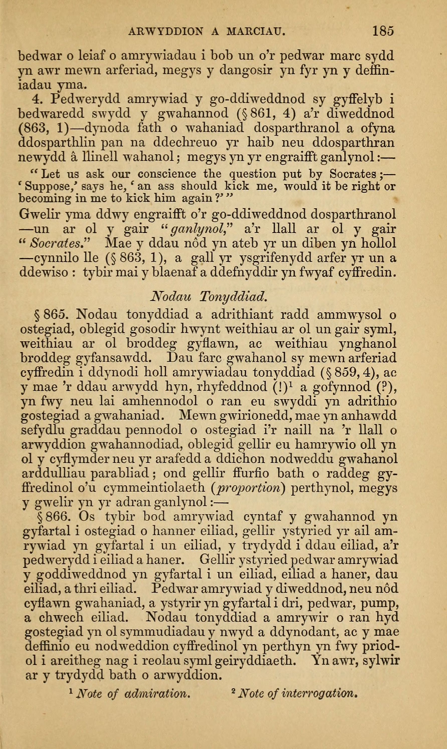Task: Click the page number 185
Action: tap(383, 31)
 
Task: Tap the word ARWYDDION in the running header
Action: tap(166, 31)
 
